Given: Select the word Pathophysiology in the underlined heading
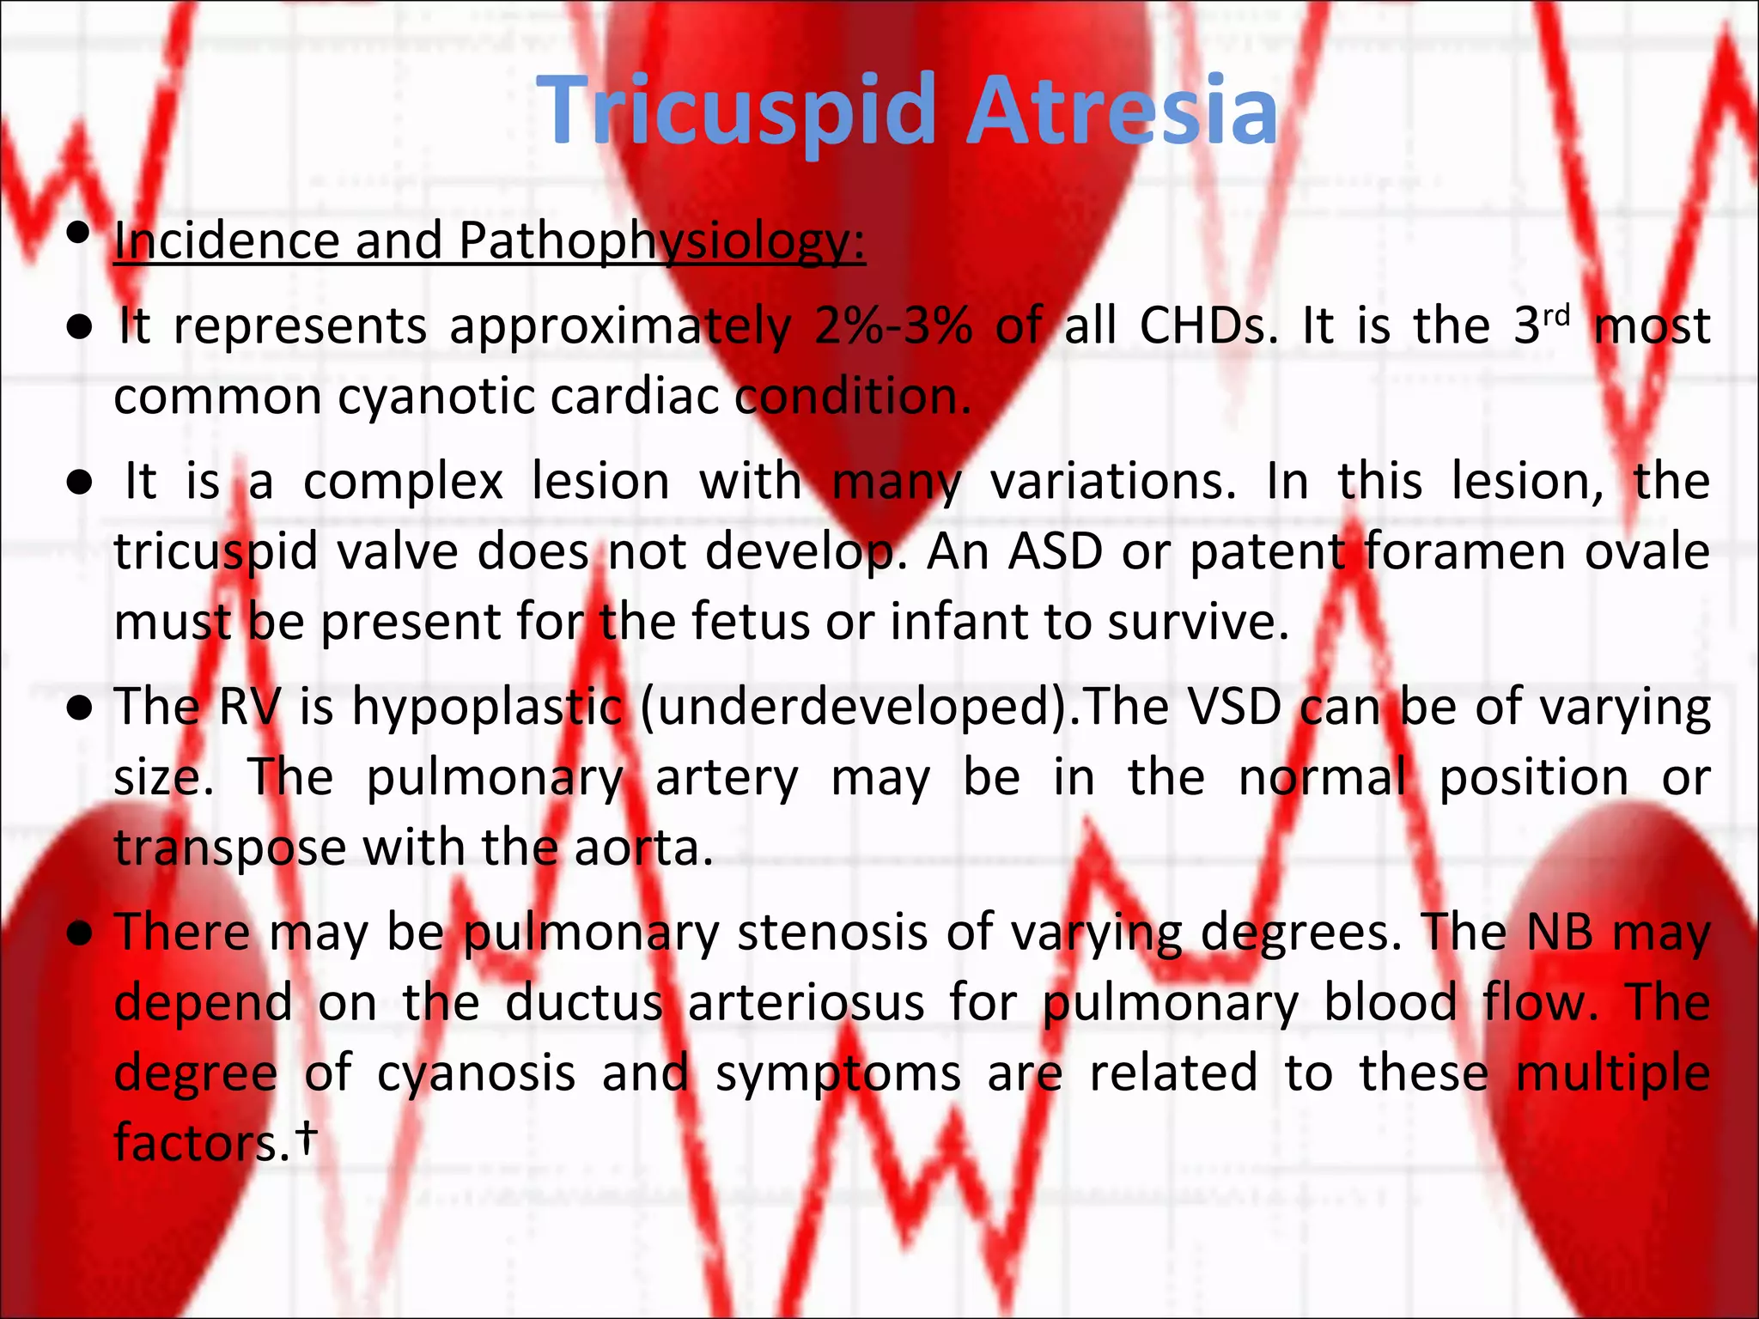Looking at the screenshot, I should point(661,241).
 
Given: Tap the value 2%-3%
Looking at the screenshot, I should point(893,326).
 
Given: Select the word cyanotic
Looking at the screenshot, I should point(437,398).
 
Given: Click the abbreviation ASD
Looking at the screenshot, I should point(1056,551).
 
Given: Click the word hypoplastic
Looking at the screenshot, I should point(488,708).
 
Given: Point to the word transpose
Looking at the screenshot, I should point(229,848).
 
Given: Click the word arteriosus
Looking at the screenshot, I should point(806,1003).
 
